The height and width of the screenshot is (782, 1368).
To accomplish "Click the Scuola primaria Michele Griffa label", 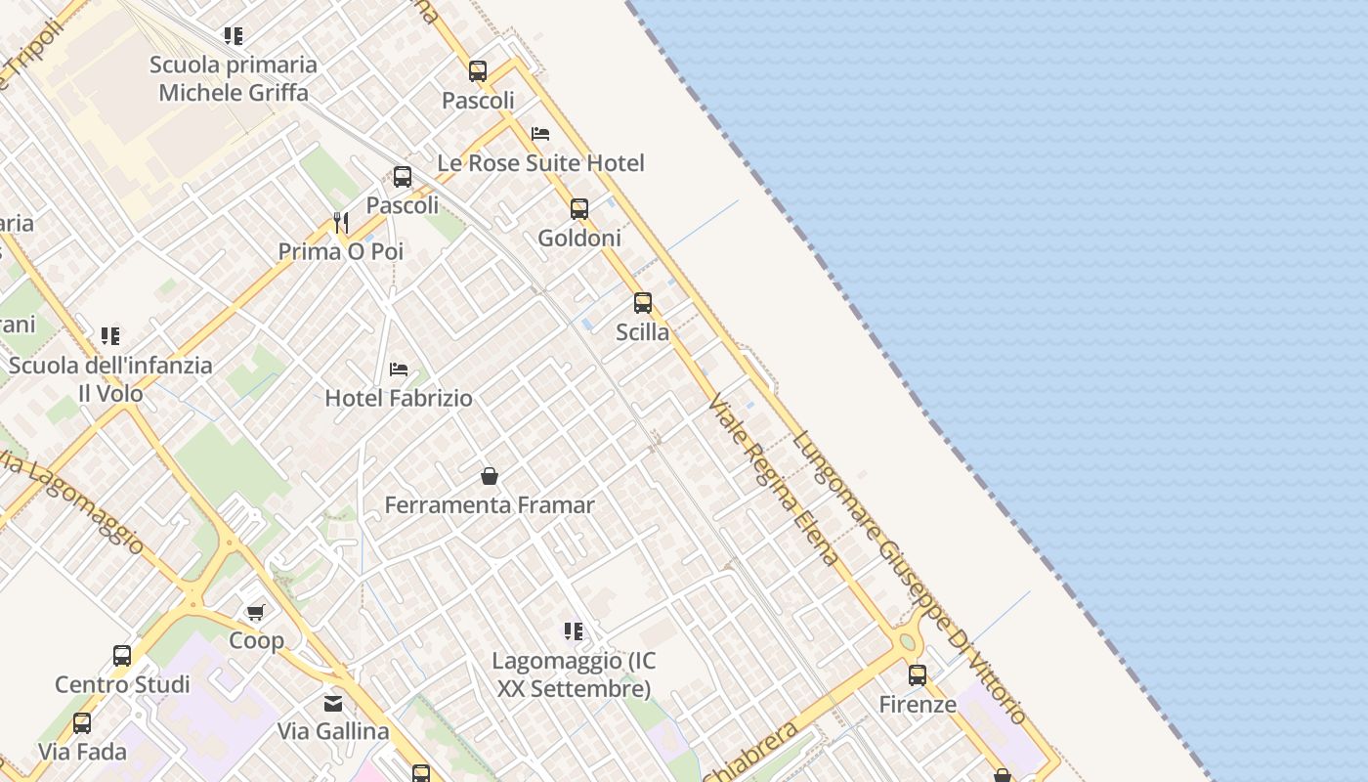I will [x=234, y=78].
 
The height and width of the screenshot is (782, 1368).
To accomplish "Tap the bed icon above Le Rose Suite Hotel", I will [x=540, y=134].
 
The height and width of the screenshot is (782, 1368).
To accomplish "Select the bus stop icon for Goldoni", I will [x=579, y=208].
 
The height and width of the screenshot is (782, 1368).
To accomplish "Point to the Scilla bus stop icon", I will [x=643, y=303].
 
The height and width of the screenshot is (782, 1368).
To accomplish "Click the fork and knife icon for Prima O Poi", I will [x=341, y=223].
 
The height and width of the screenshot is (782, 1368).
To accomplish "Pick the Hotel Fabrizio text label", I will [x=399, y=398].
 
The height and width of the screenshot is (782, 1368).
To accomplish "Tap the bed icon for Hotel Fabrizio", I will [x=399, y=369].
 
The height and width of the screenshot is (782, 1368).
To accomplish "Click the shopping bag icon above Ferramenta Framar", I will [x=490, y=476].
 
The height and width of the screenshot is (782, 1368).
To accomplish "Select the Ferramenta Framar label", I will [x=490, y=505].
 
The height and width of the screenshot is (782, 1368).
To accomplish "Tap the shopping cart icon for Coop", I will [x=256, y=612].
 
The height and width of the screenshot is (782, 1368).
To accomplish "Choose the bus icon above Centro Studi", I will [x=122, y=655].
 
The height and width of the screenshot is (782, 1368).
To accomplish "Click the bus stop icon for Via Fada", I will [x=82, y=723].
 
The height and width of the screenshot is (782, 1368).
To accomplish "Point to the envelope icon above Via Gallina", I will [x=333, y=703].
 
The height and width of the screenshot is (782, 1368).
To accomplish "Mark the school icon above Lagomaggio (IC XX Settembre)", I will [x=574, y=631].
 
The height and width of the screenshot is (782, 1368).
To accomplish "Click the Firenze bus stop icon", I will [x=918, y=675].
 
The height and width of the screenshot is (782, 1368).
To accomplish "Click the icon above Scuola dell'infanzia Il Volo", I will [x=110, y=336].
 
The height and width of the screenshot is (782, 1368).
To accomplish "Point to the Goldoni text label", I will [x=579, y=238].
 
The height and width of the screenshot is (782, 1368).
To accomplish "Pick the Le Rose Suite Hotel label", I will [x=540, y=163].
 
